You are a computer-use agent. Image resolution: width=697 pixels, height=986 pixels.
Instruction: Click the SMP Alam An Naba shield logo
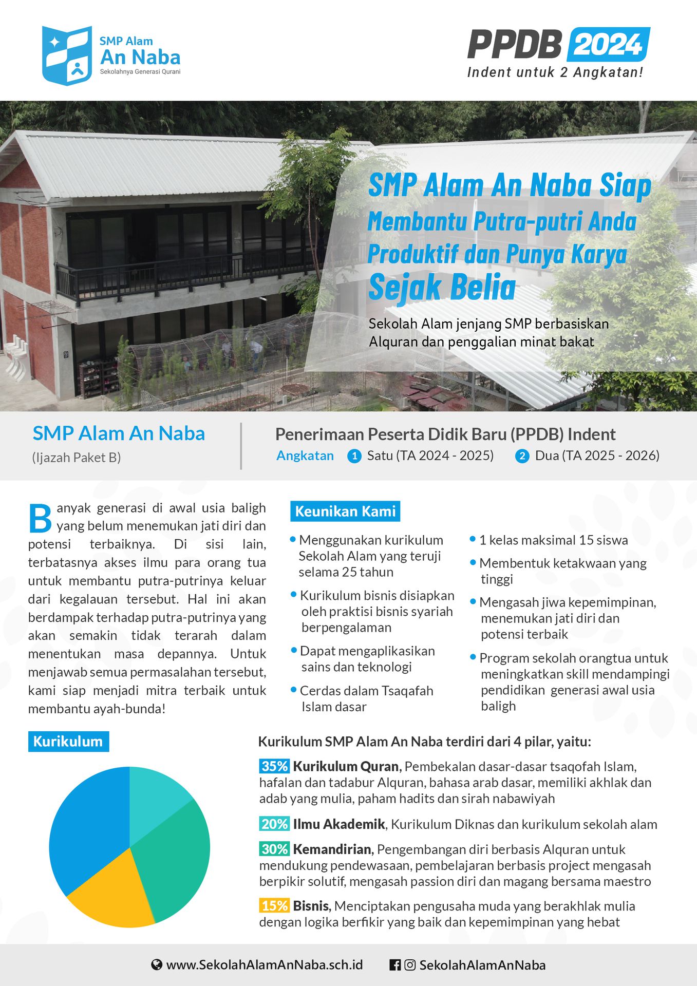67,55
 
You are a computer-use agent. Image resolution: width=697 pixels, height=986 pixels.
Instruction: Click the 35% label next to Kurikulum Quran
274,766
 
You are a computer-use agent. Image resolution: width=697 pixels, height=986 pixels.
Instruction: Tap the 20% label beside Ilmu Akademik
274,824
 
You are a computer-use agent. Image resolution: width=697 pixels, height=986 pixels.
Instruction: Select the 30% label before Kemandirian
274,849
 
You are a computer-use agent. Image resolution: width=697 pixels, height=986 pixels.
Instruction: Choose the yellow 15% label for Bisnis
274,905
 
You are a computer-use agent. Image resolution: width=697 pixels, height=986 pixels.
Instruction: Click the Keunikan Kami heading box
345,511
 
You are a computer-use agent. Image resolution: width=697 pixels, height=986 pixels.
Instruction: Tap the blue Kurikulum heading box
68,742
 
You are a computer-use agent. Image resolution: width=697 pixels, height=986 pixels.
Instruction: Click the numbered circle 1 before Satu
354,456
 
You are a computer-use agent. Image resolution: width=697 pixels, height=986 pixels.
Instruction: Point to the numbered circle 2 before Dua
522,456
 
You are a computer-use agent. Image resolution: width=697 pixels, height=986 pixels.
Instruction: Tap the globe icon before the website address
157,965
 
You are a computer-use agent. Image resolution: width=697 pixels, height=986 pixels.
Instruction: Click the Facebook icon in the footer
395,965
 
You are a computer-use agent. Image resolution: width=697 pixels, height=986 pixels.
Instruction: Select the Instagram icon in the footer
410,965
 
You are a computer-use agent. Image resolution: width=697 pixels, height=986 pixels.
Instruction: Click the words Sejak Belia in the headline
442,287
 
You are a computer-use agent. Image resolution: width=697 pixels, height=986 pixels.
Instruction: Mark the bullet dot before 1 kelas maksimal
473,539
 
